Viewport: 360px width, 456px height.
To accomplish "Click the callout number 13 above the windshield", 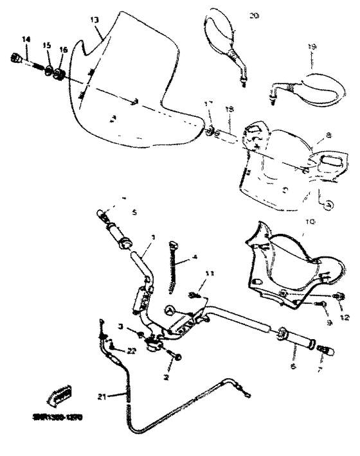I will coord(94,20).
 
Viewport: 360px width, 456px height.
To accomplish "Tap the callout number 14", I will coord(26,40).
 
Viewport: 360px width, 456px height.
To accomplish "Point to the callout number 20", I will coord(253,15).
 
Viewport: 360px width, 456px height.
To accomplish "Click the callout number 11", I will coord(208,274).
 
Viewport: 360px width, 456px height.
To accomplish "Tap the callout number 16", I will coord(63,49).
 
